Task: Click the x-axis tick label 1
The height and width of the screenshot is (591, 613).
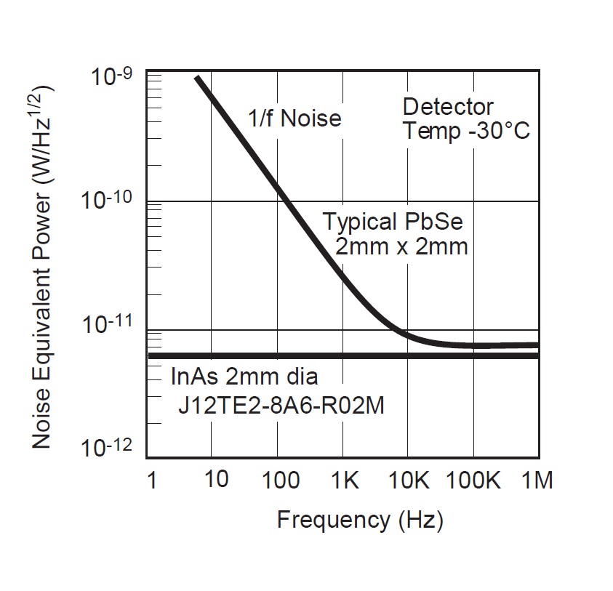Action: (x=151, y=481)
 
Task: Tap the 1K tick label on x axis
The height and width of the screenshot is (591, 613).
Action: (x=344, y=481)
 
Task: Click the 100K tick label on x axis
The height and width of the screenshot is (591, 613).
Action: (x=473, y=481)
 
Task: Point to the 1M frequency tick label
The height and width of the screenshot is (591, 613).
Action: (x=537, y=481)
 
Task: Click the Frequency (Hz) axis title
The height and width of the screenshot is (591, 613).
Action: (x=360, y=520)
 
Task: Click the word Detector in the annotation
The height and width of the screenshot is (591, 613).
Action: (x=448, y=108)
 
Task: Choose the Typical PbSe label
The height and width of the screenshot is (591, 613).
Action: (x=393, y=222)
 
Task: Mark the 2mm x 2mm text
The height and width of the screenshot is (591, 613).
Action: (x=401, y=246)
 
